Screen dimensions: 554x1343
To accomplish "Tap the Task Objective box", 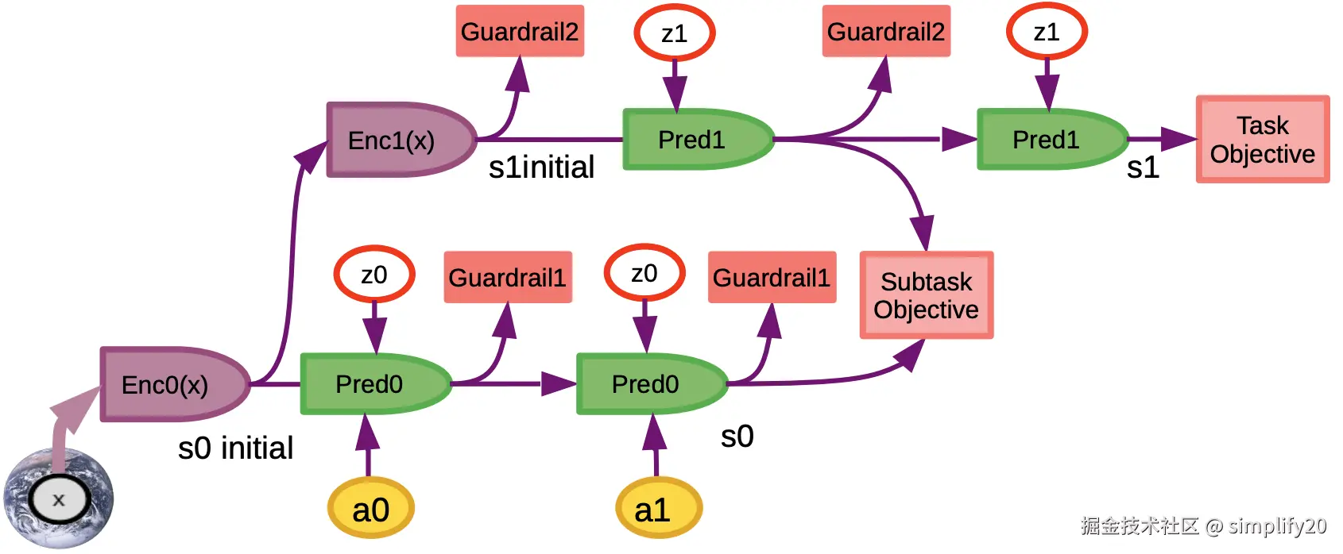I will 1263,140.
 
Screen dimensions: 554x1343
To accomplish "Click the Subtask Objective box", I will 927,295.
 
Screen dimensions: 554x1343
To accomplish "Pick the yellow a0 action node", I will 371,509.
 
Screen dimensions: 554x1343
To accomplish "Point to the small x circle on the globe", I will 58,500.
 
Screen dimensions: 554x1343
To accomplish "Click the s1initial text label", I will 541,167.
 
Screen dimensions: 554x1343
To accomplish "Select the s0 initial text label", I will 235,448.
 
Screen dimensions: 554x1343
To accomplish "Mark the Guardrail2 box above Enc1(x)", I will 520,32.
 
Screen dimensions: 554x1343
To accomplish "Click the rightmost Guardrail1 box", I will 772,278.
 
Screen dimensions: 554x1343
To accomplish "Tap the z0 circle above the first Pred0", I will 374,275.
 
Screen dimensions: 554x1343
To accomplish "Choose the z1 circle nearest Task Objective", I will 1047,33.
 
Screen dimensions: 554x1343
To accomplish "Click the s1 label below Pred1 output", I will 1143,167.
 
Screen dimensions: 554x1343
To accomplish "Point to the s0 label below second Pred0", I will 737,437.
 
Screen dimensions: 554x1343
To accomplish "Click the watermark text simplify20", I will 1277,525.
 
